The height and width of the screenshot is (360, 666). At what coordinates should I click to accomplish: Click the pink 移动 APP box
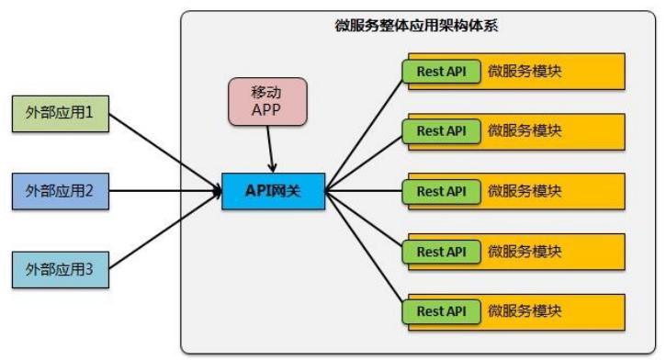pyautogui.click(x=266, y=103)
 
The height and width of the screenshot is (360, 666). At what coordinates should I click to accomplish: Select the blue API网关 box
pyautogui.click(x=273, y=191)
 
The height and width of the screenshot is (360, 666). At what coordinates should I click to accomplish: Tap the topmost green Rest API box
pyautogui.click(x=441, y=71)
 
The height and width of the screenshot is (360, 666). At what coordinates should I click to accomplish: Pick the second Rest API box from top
pyautogui.click(x=441, y=130)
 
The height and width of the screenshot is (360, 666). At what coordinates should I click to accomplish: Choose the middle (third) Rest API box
pyautogui.click(x=441, y=191)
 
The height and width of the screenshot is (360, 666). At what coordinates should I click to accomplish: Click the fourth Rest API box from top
pyautogui.click(x=441, y=251)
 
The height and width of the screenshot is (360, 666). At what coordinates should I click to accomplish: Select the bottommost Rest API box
pyautogui.click(x=441, y=310)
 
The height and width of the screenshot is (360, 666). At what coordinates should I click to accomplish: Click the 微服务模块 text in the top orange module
pyautogui.click(x=525, y=71)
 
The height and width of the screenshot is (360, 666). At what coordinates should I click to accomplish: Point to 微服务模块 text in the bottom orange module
pyautogui.click(x=525, y=310)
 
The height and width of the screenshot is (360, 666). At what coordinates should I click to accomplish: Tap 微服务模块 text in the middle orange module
pyautogui.click(x=525, y=191)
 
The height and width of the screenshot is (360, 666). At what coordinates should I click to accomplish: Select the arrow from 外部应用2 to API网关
pyautogui.click(x=165, y=192)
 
